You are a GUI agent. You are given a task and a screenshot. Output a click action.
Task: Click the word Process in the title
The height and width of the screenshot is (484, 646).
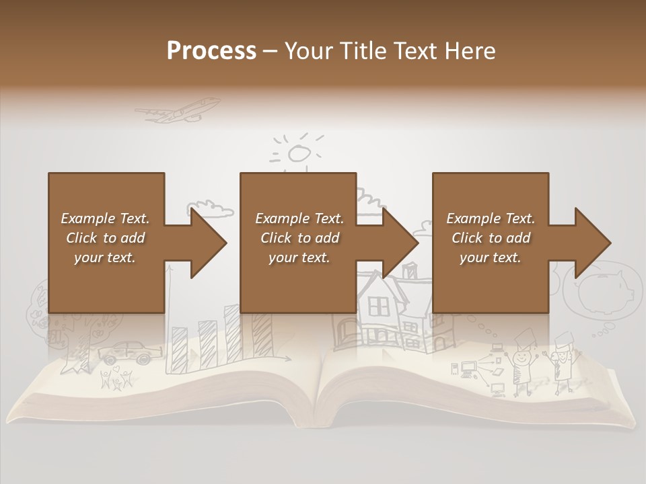(x=211, y=50)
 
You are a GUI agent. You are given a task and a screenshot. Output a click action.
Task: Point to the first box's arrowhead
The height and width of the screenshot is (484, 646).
(x=208, y=243)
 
